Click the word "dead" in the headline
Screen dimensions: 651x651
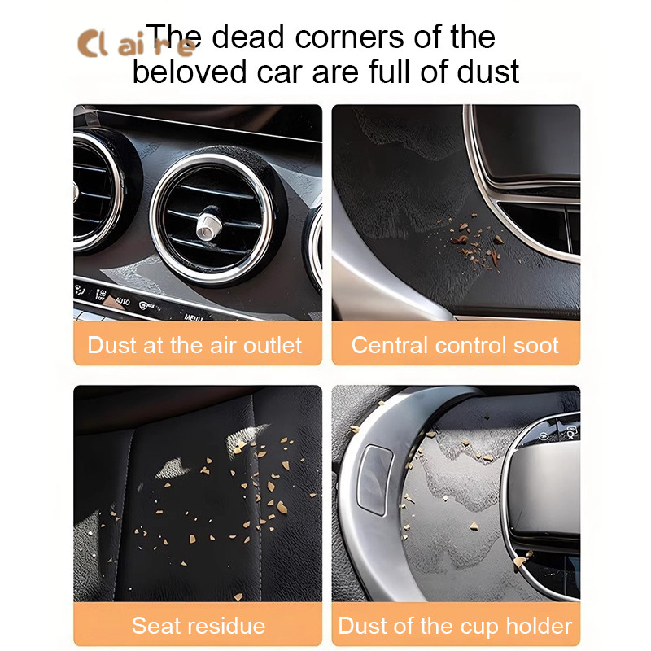pos(248,37)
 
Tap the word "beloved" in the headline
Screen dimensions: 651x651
pos(190,72)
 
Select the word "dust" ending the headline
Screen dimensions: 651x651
pos(487,72)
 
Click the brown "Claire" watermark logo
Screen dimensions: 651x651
pos(136,43)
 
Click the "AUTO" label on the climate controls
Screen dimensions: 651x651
pos(122,300)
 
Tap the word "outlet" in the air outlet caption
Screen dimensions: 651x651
pos(273,345)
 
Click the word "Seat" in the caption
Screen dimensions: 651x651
pos(152,626)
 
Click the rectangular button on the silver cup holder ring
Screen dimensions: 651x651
pos(375,479)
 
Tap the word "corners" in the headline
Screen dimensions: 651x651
pos(349,37)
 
